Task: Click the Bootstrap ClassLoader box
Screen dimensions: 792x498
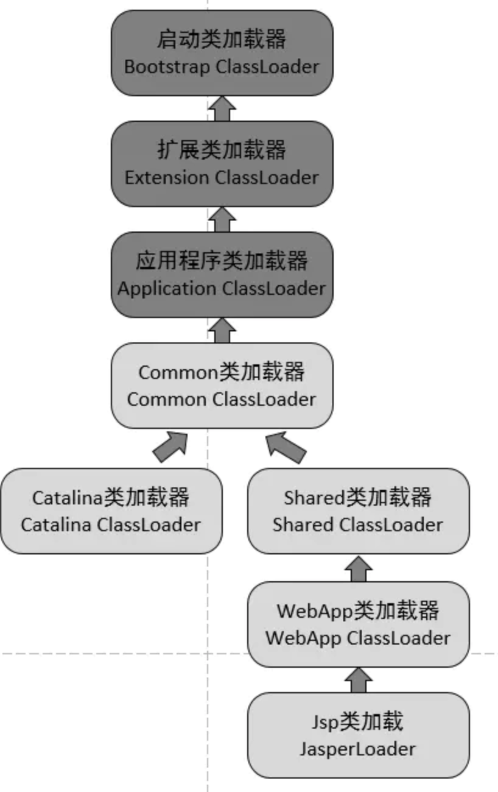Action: [x=222, y=53]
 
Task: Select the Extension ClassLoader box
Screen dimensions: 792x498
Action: [x=222, y=163]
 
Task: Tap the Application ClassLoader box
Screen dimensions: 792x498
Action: [x=222, y=274]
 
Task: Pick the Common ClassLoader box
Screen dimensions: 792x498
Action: [x=222, y=385]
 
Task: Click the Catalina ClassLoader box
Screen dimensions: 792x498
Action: [x=111, y=511]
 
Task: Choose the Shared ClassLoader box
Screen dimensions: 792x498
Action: [x=358, y=511]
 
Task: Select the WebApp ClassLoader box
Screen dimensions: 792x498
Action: [x=358, y=624]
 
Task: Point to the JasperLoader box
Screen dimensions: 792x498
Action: [x=358, y=735]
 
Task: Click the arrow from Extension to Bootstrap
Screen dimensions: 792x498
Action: [x=222, y=108]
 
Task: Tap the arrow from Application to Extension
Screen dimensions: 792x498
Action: [x=222, y=219]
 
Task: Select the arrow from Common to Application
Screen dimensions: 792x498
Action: [x=222, y=330]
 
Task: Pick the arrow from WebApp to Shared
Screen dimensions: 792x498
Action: [x=358, y=568]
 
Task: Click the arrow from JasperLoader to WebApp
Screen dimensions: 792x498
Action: [x=358, y=679]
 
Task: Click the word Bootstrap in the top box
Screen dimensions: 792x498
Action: [x=167, y=66]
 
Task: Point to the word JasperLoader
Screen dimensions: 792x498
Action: [x=358, y=749]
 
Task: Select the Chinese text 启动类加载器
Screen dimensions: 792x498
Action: [x=222, y=40]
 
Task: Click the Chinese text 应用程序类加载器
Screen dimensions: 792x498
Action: [x=222, y=261]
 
